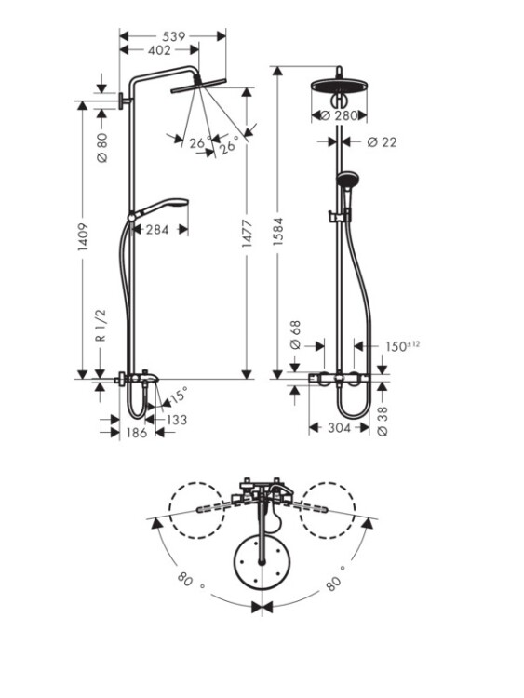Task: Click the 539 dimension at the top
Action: [173, 36]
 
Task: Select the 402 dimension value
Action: [159, 50]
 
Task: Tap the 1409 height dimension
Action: [83, 237]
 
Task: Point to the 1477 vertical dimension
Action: [248, 233]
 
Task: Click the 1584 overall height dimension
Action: [278, 232]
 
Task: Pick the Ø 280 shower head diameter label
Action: [339, 115]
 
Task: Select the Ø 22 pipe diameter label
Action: [382, 142]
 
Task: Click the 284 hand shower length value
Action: [157, 230]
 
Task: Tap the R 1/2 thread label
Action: [101, 326]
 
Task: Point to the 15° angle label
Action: [178, 395]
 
